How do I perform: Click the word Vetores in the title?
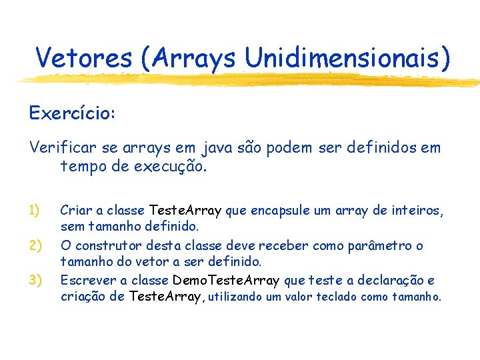point(84,58)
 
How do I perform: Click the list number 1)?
point(37,211)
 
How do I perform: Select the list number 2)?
point(37,246)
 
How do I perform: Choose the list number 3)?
point(37,280)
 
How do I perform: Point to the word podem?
point(288,147)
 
